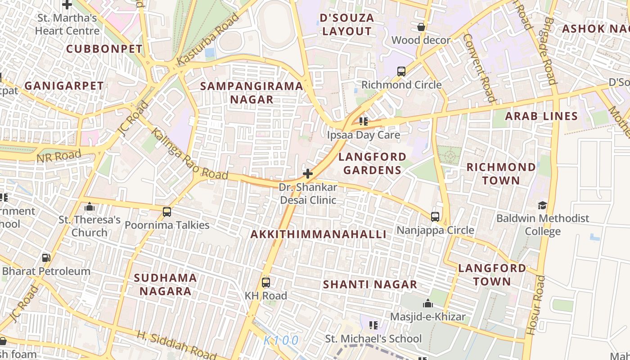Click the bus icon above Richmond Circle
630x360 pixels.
(401, 71)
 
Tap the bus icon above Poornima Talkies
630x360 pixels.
(167, 211)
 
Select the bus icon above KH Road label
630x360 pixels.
(266, 283)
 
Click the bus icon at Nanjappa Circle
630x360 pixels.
(435, 216)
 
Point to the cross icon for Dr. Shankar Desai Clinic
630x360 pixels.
(308, 173)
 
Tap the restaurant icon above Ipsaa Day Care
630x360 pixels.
(364, 121)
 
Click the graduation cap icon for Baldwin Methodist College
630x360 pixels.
(542, 205)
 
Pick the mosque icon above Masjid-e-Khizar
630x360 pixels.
(428, 303)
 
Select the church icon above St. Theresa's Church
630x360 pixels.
(90, 207)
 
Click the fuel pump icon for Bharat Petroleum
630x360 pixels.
(46, 258)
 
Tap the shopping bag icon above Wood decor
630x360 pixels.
(421, 27)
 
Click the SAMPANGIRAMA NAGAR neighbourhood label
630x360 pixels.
(252, 93)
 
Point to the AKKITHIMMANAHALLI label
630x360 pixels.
(318, 234)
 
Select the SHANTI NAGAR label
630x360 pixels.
(370, 284)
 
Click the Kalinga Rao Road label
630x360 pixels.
(189, 154)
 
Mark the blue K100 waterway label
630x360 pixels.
(281, 341)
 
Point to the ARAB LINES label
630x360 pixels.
(541, 116)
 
